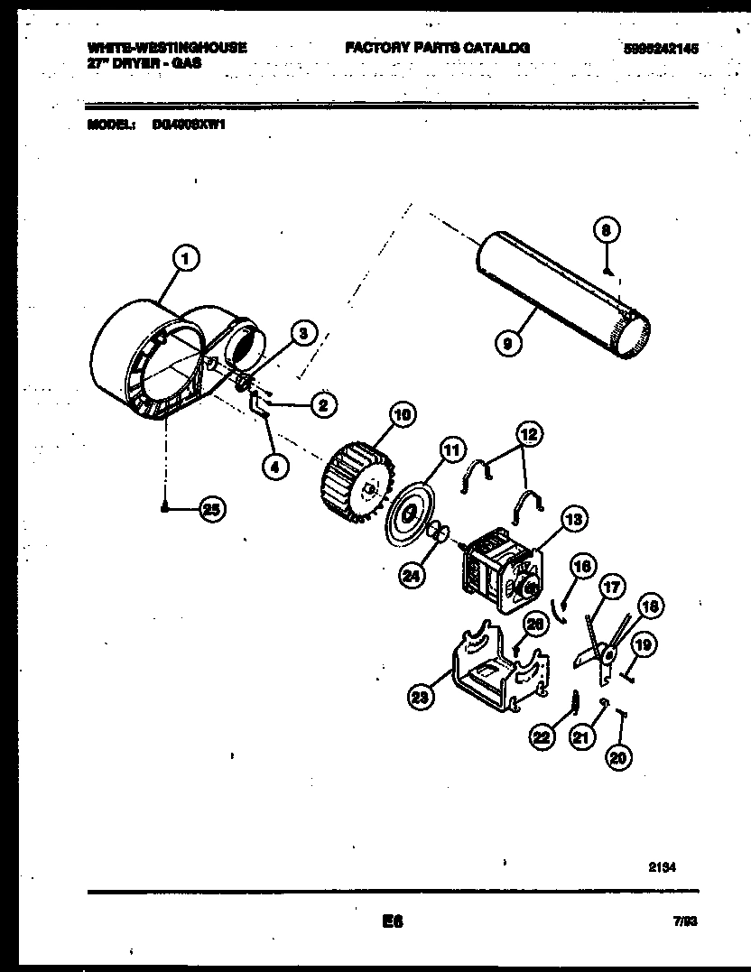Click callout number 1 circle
186,260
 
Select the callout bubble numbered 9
507,343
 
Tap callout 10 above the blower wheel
401,415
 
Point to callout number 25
210,510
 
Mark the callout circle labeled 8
607,230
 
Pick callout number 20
617,757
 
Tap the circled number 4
275,467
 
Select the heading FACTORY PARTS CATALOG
437,48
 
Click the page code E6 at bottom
391,921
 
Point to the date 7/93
685,922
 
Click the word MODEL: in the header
112,125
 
